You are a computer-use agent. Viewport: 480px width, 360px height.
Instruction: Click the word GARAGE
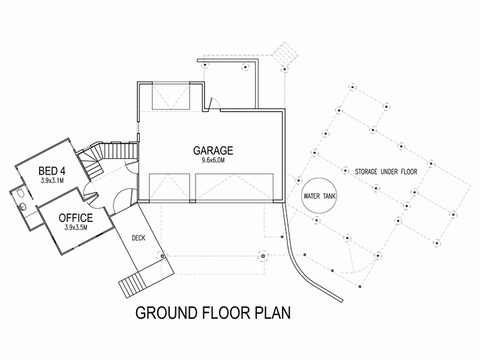pyautogui.click(x=212, y=150)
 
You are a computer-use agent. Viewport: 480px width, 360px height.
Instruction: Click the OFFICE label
pyautogui.click(x=76, y=217)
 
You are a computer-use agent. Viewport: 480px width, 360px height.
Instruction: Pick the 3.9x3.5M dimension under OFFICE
pyautogui.click(x=76, y=227)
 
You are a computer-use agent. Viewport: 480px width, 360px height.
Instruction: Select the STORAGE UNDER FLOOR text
pyautogui.click(x=385, y=172)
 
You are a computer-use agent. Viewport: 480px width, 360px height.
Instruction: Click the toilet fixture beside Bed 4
pyautogui.click(x=20, y=193)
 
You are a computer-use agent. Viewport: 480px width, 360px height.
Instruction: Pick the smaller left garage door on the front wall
pyautogui.click(x=169, y=188)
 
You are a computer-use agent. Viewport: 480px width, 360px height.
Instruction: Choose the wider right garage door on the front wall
pyautogui.click(x=234, y=188)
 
